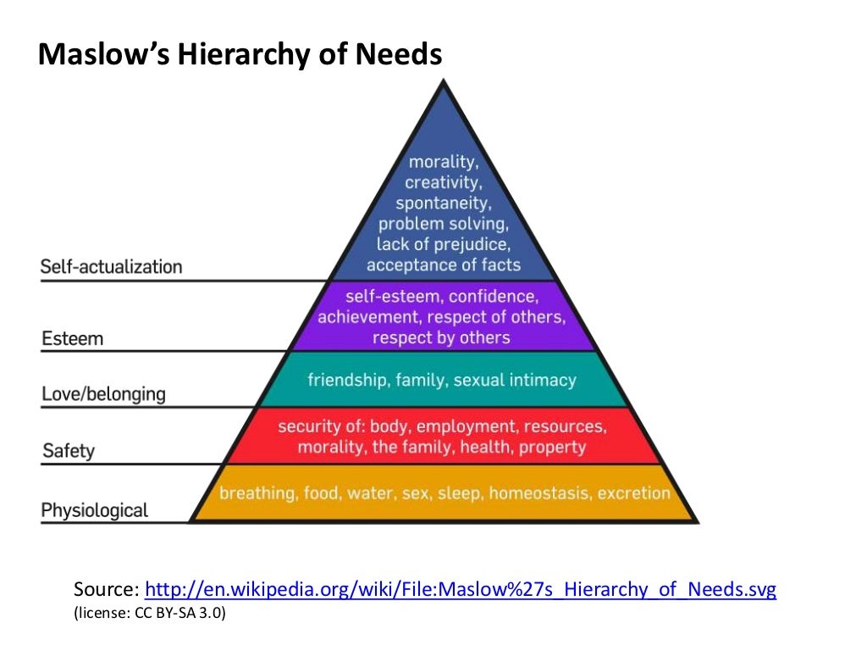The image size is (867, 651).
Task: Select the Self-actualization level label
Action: point(111,267)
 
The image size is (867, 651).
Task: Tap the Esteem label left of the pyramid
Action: point(72,339)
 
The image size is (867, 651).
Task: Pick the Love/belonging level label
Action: point(103,394)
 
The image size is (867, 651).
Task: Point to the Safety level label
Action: point(68,451)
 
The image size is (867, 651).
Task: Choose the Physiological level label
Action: point(94,510)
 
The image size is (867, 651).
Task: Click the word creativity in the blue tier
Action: point(444,182)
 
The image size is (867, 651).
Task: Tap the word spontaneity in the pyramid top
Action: point(443,203)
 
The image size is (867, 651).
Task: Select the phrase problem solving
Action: point(443,225)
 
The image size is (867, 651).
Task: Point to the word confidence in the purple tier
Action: point(493,297)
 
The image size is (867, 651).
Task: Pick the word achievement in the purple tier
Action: point(368,317)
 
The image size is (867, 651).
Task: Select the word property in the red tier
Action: point(553,447)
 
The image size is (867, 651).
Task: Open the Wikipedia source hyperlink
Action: point(461,590)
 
